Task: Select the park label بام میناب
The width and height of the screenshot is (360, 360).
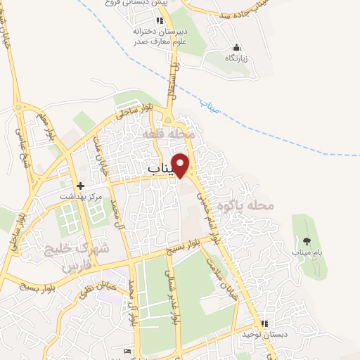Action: coord(304,251)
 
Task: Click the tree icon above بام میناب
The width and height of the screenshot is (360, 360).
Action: coord(304,240)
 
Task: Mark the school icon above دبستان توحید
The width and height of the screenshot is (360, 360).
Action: coord(264,324)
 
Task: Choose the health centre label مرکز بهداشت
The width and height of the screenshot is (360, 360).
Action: coord(80,197)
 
